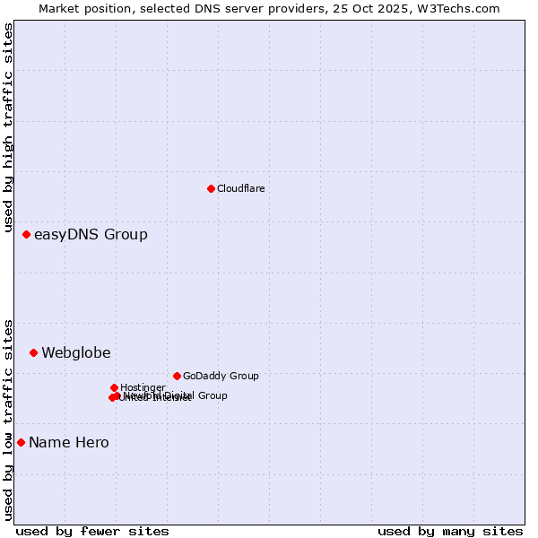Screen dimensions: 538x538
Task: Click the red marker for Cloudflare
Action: (x=211, y=188)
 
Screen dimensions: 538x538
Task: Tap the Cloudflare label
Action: (x=240, y=188)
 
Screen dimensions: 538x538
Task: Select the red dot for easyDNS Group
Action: (x=26, y=234)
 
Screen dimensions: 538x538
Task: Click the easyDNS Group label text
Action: (x=91, y=235)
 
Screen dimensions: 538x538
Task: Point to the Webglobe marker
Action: (x=33, y=352)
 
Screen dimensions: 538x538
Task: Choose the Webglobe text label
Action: (x=76, y=353)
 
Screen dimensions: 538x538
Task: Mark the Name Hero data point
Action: (x=21, y=442)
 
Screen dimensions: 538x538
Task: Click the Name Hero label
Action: (x=69, y=443)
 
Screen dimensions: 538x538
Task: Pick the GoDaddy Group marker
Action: (x=177, y=376)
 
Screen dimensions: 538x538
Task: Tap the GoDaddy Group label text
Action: (x=221, y=377)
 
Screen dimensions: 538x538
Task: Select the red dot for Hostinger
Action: (x=114, y=387)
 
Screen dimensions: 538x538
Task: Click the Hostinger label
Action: (x=143, y=387)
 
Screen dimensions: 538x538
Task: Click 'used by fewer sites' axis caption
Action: (x=92, y=532)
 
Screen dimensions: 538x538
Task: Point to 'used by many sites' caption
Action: (x=450, y=532)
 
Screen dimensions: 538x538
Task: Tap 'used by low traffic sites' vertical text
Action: (x=8, y=419)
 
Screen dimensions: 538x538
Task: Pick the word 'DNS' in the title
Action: (x=231, y=8)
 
